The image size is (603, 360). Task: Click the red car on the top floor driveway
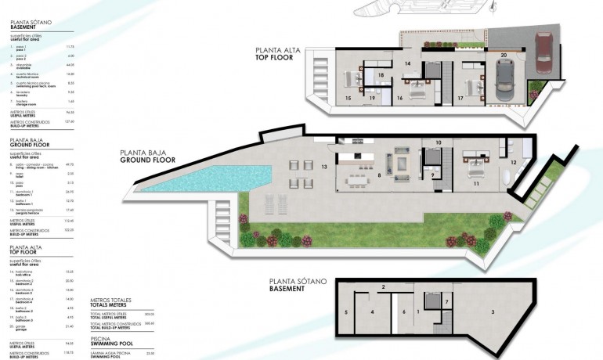click(545, 54)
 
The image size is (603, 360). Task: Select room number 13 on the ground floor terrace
click(323, 167)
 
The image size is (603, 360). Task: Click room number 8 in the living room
click(379, 176)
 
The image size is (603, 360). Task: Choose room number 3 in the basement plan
click(493, 311)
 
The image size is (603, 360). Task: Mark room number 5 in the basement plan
click(345, 311)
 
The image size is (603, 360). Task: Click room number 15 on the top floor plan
click(348, 99)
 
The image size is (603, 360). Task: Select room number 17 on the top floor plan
click(460, 99)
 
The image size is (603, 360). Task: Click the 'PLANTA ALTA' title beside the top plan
click(275, 49)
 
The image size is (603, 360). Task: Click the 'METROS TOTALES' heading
click(110, 300)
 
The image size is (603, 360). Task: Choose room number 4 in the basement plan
click(373, 311)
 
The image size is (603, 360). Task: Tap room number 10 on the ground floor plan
click(439, 142)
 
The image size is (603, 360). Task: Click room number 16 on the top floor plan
click(399, 99)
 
